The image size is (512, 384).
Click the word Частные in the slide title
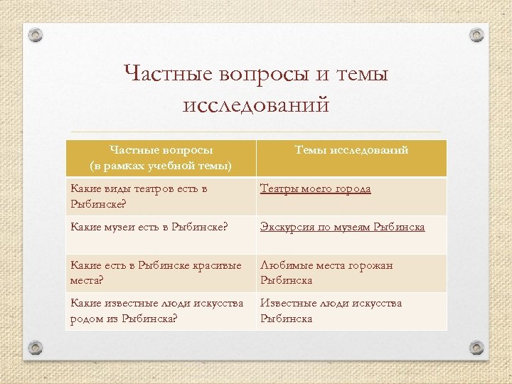tap(171, 73)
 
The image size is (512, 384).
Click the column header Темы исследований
tap(351, 150)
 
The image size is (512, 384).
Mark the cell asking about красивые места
tap(160, 272)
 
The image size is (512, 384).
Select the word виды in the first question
tap(115, 188)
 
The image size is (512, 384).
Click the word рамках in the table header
tap(124, 166)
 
